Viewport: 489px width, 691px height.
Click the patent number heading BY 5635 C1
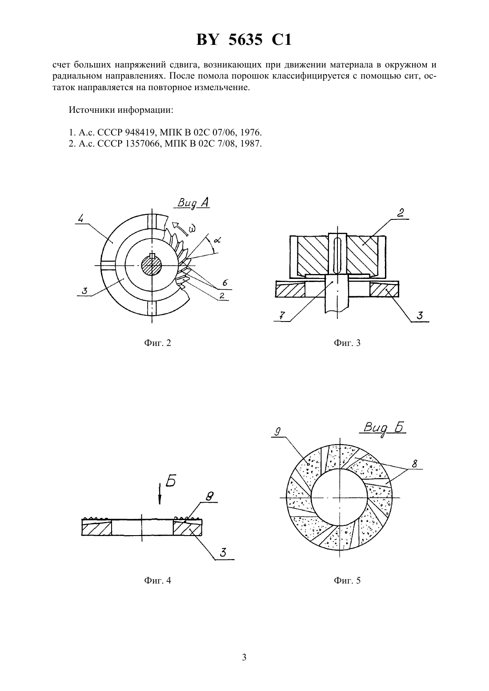coord(244,40)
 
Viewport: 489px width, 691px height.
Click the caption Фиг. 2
coord(157,343)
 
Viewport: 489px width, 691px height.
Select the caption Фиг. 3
coord(347,343)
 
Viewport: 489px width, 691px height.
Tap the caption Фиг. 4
coord(157,580)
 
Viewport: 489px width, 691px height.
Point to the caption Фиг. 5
coord(347,580)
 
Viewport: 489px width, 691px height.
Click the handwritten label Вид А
coord(193,203)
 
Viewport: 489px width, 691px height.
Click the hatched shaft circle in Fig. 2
coord(152,266)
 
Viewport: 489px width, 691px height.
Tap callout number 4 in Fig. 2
coord(81,219)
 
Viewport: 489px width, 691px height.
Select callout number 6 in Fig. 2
coord(225,282)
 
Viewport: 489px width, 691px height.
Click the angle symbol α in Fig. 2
coord(217,239)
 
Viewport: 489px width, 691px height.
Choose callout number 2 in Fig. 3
coord(401,213)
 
